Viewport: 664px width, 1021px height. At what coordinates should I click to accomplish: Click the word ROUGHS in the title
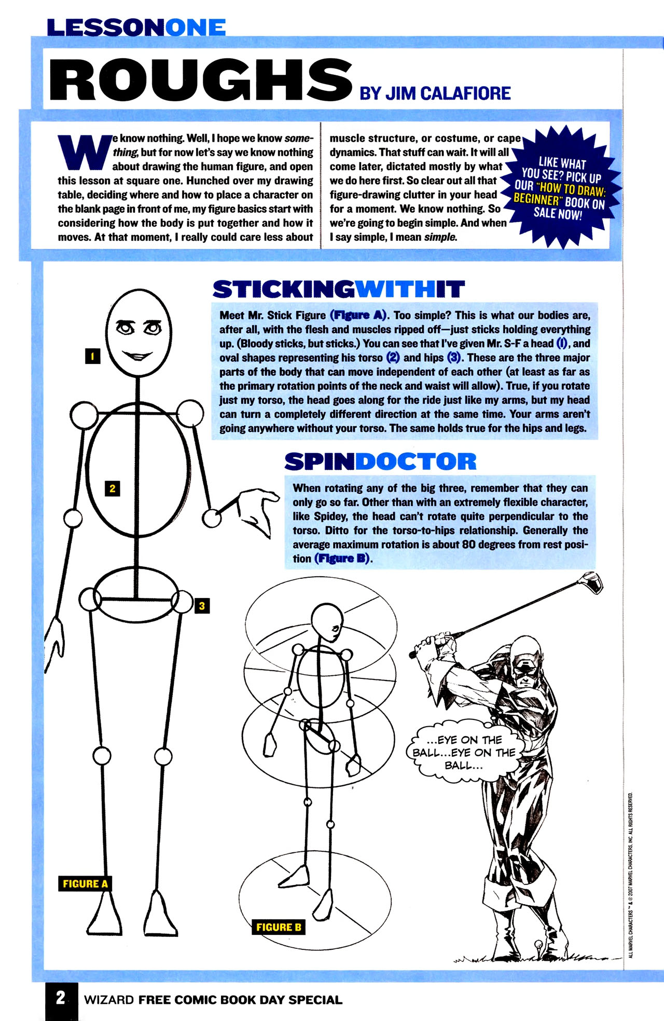click(x=200, y=80)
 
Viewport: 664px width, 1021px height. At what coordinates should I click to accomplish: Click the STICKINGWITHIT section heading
click(x=338, y=290)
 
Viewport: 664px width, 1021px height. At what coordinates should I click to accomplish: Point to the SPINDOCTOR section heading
click(x=380, y=461)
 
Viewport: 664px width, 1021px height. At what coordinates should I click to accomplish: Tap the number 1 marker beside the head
click(x=92, y=356)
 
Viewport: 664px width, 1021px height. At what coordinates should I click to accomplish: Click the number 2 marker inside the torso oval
click(x=112, y=488)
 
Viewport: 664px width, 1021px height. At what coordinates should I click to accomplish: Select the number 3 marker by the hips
click(x=202, y=605)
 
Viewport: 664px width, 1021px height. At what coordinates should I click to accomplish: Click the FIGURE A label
click(x=85, y=883)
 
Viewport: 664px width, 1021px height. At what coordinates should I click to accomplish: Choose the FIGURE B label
click(x=279, y=927)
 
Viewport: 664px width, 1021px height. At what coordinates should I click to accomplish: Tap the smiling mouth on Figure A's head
click(x=137, y=356)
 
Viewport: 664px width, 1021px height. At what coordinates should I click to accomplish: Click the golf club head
click(x=593, y=582)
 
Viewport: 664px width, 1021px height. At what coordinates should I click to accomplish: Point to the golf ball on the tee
click(x=539, y=944)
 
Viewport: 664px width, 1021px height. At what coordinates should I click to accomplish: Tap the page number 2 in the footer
click(x=61, y=997)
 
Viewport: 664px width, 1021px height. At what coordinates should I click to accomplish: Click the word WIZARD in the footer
click(x=109, y=1000)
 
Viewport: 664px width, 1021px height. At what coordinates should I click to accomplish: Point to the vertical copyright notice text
click(x=630, y=875)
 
